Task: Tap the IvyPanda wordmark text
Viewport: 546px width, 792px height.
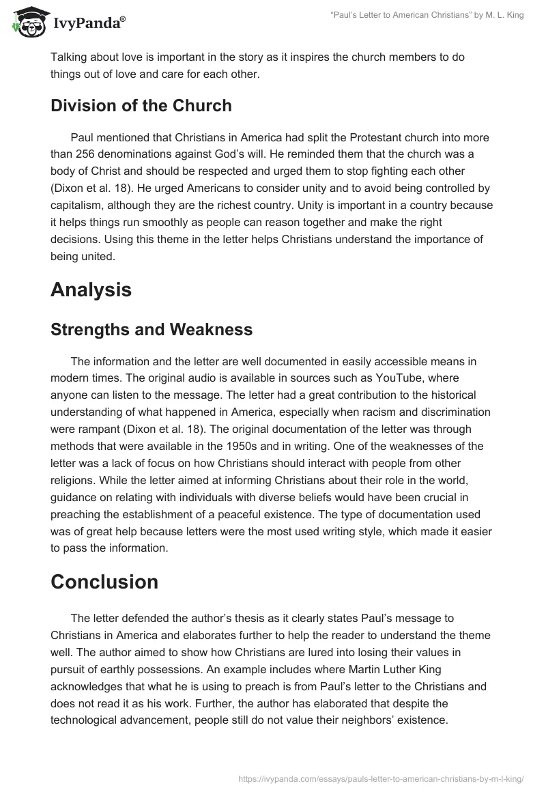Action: (x=89, y=25)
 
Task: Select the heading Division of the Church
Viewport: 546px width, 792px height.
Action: (x=141, y=106)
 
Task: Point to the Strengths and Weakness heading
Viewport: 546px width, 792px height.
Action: (x=152, y=330)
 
